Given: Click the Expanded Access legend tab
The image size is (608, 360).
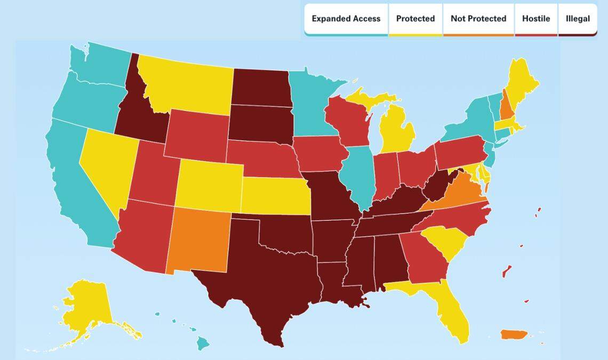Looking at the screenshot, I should (346, 19).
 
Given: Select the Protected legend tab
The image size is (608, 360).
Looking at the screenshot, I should (415, 19).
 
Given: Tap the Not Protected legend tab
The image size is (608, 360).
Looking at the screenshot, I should (478, 19).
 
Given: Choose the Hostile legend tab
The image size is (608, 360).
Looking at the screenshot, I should (536, 19).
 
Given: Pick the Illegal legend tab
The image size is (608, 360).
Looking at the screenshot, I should (578, 19).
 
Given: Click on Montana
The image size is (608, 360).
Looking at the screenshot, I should (187, 85).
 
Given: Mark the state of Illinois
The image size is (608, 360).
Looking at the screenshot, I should (357, 176).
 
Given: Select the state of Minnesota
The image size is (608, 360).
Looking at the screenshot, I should (312, 107).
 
